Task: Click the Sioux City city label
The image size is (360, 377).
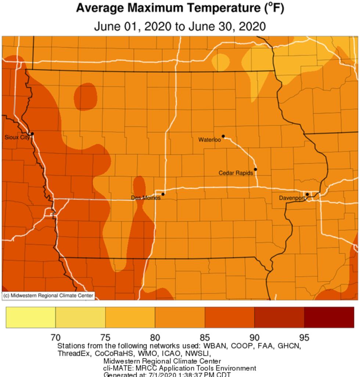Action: pyautogui.click(x=17, y=137)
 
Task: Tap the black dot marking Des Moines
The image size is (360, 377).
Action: pyautogui.click(x=163, y=194)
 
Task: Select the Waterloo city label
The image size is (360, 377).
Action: pyautogui.click(x=209, y=140)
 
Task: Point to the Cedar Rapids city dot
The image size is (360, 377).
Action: pyautogui.click(x=255, y=169)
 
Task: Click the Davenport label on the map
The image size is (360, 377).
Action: pyautogui.click(x=292, y=198)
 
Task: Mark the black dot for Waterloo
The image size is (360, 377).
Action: pyautogui.click(x=223, y=136)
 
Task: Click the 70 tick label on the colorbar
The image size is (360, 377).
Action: pyautogui.click(x=55, y=337)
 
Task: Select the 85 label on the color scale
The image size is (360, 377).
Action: pyautogui.click(x=205, y=337)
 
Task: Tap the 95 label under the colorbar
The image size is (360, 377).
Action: pyautogui.click(x=304, y=337)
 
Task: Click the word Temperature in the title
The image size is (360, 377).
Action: pyautogui.click(x=216, y=8)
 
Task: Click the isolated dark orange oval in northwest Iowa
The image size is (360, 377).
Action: pyautogui.click(x=86, y=96)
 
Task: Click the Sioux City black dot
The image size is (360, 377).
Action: pyautogui.click(x=32, y=134)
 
